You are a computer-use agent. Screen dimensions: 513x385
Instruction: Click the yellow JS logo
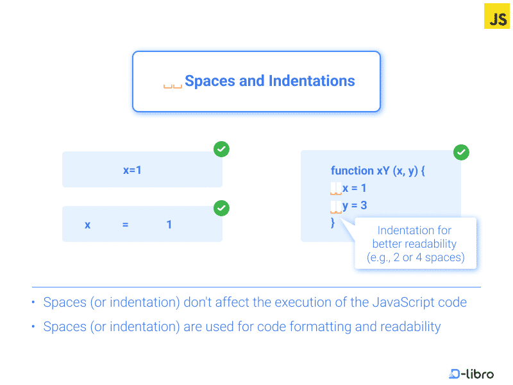(x=496, y=17)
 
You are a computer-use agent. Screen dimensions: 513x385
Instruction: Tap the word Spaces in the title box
(x=210, y=81)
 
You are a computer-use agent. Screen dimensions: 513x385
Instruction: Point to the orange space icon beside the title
(x=172, y=87)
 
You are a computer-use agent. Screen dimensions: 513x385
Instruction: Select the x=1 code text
(x=132, y=170)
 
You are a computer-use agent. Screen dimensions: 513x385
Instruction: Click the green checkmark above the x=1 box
(x=221, y=150)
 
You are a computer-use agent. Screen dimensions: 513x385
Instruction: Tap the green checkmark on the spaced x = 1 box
(x=221, y=208)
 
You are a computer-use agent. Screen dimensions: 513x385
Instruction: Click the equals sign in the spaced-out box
(x=125, y=225)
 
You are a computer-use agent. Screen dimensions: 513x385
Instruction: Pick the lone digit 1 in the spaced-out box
(x=169, y=225)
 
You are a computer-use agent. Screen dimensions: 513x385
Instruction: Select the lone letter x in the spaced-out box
(x=87, y=225)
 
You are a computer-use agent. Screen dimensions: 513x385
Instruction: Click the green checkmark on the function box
(x=461, y=152)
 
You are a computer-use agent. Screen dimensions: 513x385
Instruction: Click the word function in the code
(x=352, y=170)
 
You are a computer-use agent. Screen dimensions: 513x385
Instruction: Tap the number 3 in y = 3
(x=364, y=205)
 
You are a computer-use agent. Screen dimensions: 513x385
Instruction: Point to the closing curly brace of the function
(x=333, y=223)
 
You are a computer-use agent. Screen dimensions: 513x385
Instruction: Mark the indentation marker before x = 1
(x=336, y=189)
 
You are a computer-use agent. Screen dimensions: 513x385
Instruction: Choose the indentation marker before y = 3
(x=336, y=207)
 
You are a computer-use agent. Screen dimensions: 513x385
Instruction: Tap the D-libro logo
(x=471, y=373)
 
